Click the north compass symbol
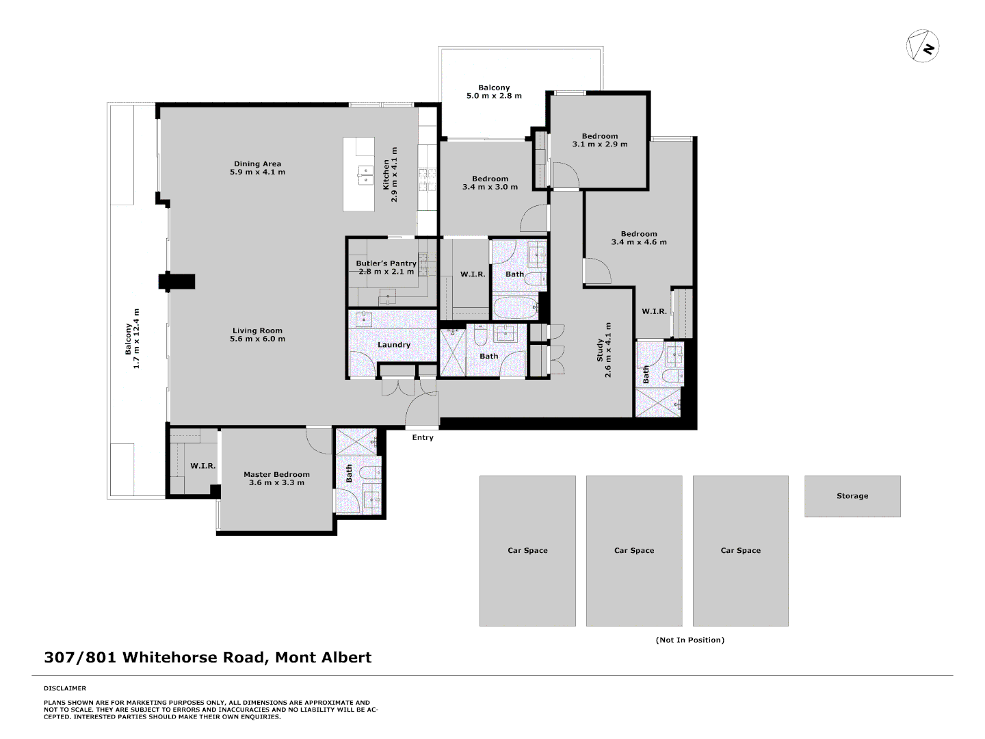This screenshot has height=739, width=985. tap(923, 47)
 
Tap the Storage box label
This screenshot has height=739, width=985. tap(852, 496)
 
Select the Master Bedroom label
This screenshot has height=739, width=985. tap(276, 478)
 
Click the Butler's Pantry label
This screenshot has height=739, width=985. tap(386, 268)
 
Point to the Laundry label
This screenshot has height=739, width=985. tap(394, 345)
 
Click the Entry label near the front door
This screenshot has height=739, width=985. tap(423, 438)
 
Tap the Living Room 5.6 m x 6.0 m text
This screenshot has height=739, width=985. tap(257, 335)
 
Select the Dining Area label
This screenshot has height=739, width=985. tap(257, 168)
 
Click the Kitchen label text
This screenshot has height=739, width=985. tap(390, 174)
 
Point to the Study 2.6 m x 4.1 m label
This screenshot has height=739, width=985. tap(604, 350)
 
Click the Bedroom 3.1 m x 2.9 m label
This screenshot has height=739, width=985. tap(600, 140)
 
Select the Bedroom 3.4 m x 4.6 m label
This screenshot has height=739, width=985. tap(639, 238)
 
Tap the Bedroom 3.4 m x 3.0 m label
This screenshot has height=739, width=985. tap(490, 183)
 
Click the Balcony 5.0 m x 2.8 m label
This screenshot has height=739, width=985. tap(494, 92)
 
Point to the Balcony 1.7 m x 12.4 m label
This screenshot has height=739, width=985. tap(132, 339)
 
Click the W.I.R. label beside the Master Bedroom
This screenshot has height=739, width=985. tap(202, 466)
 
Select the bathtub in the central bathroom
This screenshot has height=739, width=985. tap(516, 308)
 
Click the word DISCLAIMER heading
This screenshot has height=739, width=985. tap(65, 688)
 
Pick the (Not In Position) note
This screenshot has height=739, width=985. tap(689, 640)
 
